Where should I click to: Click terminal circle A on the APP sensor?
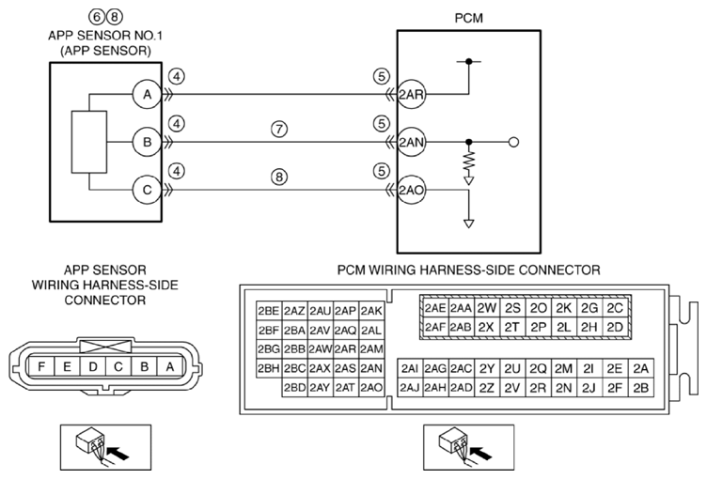point(147,95)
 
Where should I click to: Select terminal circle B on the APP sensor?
point(147,143)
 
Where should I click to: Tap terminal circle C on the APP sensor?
point(147,190)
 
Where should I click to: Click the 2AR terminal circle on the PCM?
point(411,95)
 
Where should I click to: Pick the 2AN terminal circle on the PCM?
point(411,143)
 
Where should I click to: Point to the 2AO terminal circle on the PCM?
point(411,190)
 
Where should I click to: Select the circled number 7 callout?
point(279,130)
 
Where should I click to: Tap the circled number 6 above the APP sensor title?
point(97,17)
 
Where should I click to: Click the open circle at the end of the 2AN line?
point(513,143)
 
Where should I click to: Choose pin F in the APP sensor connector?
point(41,367)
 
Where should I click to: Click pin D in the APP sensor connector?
point(93,367)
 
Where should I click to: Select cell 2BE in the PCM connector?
point(269,311)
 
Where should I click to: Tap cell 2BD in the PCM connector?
point(295,388)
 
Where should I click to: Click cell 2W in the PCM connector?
point(486,308)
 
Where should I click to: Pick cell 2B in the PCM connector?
point(641,388)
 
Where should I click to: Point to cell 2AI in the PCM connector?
point(410,368)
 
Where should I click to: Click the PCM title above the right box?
point(468,18)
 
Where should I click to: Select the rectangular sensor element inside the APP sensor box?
point(89,142)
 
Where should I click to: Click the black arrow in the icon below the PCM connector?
point(480,453)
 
